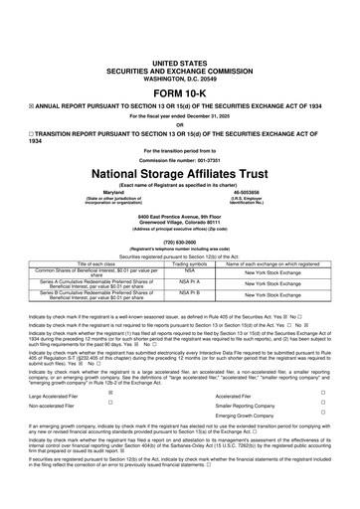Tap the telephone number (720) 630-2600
180,243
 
